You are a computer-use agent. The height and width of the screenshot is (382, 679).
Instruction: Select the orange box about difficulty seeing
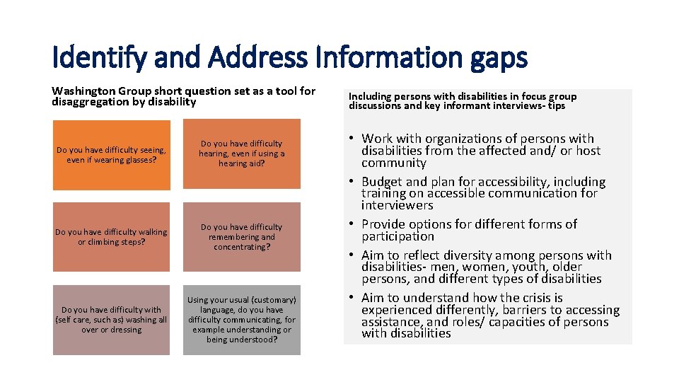[x=112, y=155]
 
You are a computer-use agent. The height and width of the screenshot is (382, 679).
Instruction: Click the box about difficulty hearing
[x=242, y=154]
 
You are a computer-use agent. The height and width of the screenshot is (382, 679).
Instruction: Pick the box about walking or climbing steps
[x=112, y=237]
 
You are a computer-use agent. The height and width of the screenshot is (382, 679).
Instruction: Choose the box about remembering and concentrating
[x=242, y=237]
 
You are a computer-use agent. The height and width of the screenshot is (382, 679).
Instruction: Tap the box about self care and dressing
[x=112, y=320]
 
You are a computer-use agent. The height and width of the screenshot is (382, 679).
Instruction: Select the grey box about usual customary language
[x=242, y=320]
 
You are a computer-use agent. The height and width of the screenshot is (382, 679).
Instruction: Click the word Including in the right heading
[x=370, y=96]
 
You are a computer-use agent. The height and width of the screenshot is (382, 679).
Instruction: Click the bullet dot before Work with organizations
[x=352, y=139]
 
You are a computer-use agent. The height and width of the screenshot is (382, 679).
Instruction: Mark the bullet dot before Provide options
[x=352, y=225]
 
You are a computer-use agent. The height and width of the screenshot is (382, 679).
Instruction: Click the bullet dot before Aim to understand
[x=352, y=299]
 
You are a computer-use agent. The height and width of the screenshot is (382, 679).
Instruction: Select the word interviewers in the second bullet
[x=397, y=205]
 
